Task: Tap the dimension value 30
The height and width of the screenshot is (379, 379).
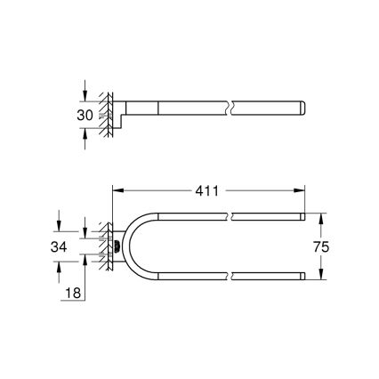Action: [x=85, y=114]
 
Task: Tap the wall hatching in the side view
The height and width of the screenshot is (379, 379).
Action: [x=106, y=114]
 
